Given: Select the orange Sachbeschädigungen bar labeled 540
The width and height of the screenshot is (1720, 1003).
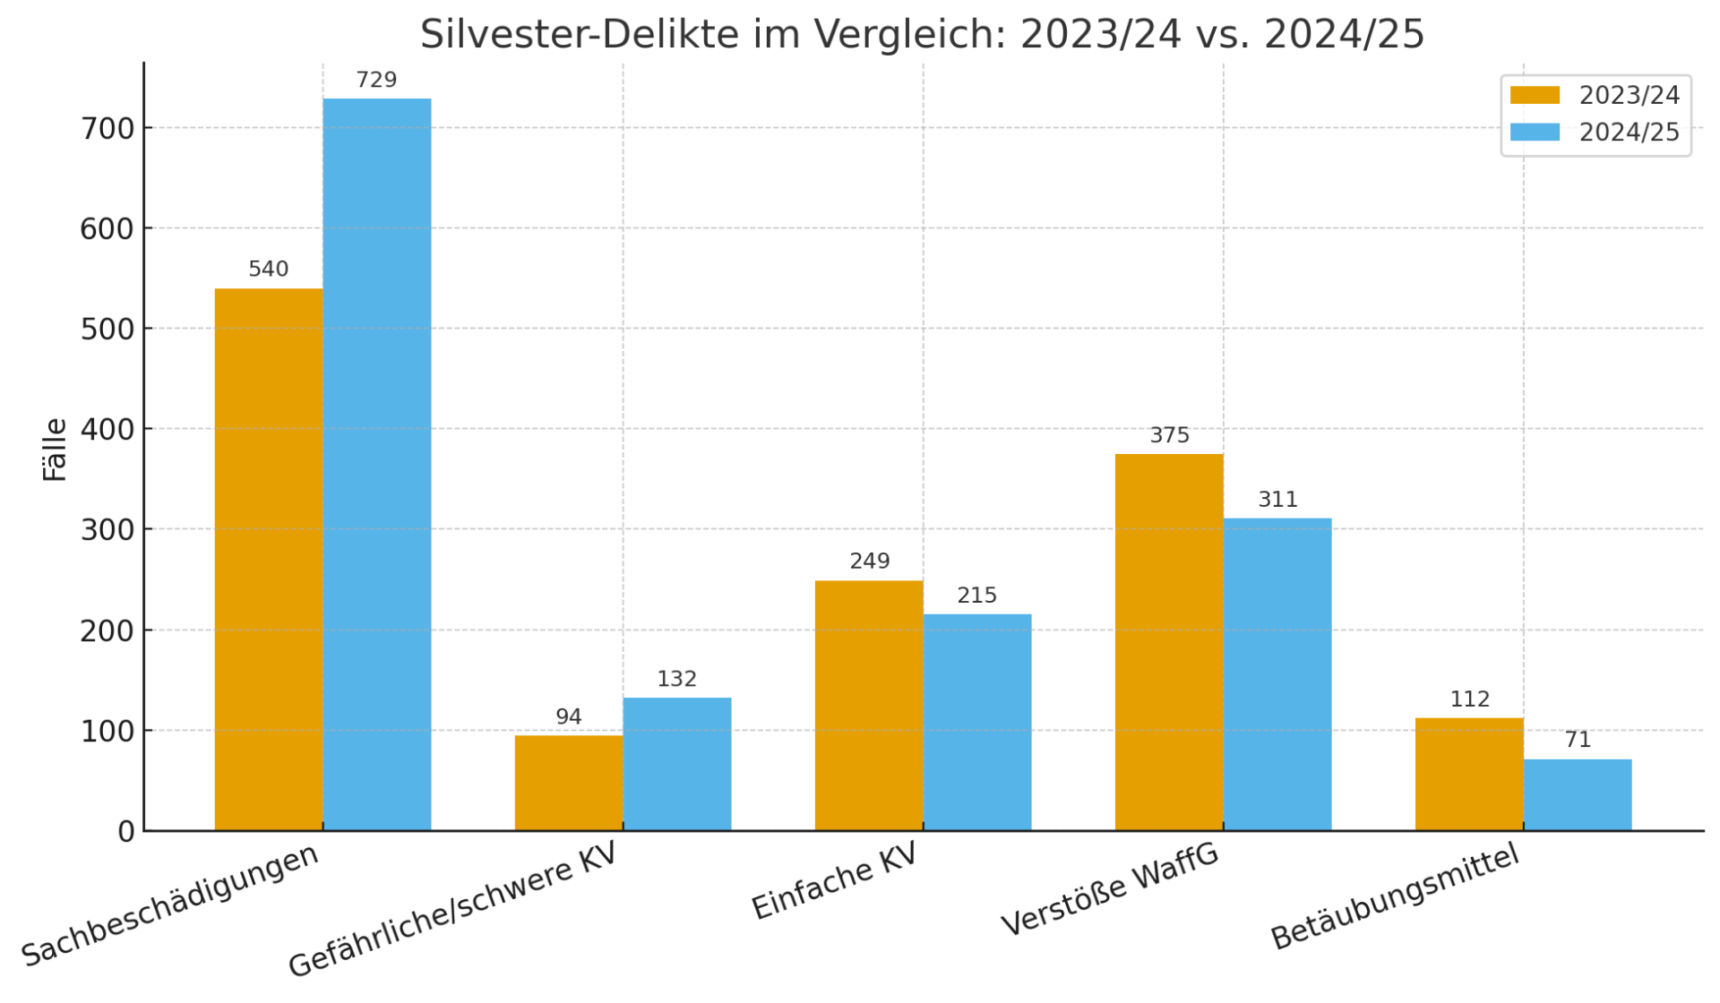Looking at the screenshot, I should pyautogui.click(x=269, y=559).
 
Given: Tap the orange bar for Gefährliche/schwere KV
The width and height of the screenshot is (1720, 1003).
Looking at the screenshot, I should pyautogui.click(x=569, y=783).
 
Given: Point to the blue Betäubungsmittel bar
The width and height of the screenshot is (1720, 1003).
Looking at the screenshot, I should pyautogui.click(x=1578, y=794).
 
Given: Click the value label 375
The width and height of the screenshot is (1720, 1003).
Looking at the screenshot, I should pyautogui.click(x=1169, y=435).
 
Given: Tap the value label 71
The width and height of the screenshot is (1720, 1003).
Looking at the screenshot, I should pyautogui.click(x=1578, y=740).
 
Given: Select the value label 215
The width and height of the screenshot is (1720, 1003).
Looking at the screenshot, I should pyautogui.click(x=976, y=596).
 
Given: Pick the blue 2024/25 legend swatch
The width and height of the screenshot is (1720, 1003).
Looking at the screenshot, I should pyautogui.click(x=1535, y=133).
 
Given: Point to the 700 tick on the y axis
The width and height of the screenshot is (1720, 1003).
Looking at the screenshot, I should pyautogui.click(x=107, y=129).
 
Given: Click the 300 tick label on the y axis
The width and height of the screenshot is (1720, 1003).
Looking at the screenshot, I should pyautogui.click(x=107, y=530).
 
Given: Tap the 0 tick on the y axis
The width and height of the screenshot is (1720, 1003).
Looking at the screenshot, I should pyautogui.click(x=125, y=832).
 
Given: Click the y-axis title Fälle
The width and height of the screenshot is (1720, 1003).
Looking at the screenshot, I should pyautogui.click(x=55, y=450).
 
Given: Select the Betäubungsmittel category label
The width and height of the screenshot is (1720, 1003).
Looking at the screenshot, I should pyautogui.click(x=1395, y=896).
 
